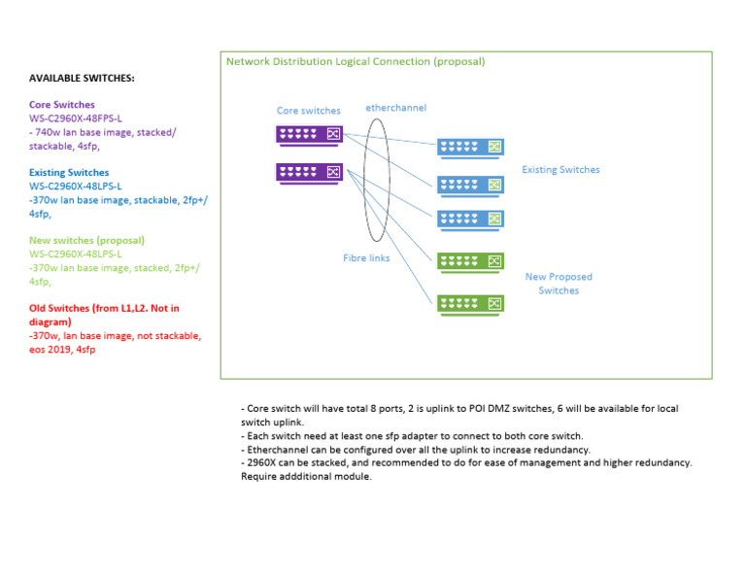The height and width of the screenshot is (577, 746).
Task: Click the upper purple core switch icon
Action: pos(309,134)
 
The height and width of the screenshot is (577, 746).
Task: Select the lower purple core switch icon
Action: pos(309,172)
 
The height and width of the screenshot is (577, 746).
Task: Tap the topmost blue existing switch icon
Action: pos(471,147)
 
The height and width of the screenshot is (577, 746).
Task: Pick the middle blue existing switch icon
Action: pos(471,184)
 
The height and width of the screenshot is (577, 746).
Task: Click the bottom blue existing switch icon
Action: pos(471,219)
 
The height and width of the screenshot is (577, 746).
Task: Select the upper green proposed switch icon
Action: pos(471,260)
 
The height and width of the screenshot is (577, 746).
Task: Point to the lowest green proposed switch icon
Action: pos(471,303)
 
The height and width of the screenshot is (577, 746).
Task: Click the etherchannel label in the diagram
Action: pos(395,108)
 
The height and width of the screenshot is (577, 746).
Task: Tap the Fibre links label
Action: pos(366,258)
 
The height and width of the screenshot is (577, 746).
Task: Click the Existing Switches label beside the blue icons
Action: pos(560,170)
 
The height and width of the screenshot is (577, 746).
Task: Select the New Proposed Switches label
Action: pos(559,284)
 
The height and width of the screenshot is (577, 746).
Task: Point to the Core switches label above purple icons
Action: pos(309,111)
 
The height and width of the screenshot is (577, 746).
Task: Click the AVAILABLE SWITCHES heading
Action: pos(82,78)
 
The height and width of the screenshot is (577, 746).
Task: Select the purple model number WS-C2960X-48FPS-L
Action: pos(76,119)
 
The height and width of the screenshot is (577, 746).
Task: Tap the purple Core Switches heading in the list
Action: pos(62,105)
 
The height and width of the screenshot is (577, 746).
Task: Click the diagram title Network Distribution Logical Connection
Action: pos(356,61)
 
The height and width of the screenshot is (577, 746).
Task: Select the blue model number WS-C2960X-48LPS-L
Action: pos(76,186)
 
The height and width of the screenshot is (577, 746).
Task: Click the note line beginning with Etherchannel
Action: pos(415,450)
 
